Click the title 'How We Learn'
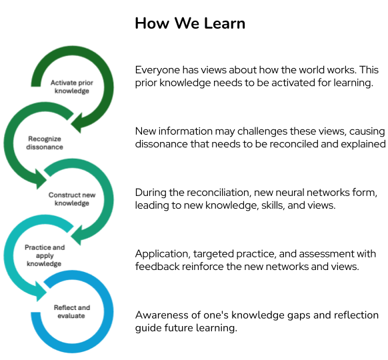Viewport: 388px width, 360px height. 190,23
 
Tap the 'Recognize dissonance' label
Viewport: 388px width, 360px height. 45,143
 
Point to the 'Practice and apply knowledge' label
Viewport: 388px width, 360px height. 45,255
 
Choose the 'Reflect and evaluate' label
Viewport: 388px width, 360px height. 71,311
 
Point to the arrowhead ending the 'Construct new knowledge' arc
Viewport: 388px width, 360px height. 79,233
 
